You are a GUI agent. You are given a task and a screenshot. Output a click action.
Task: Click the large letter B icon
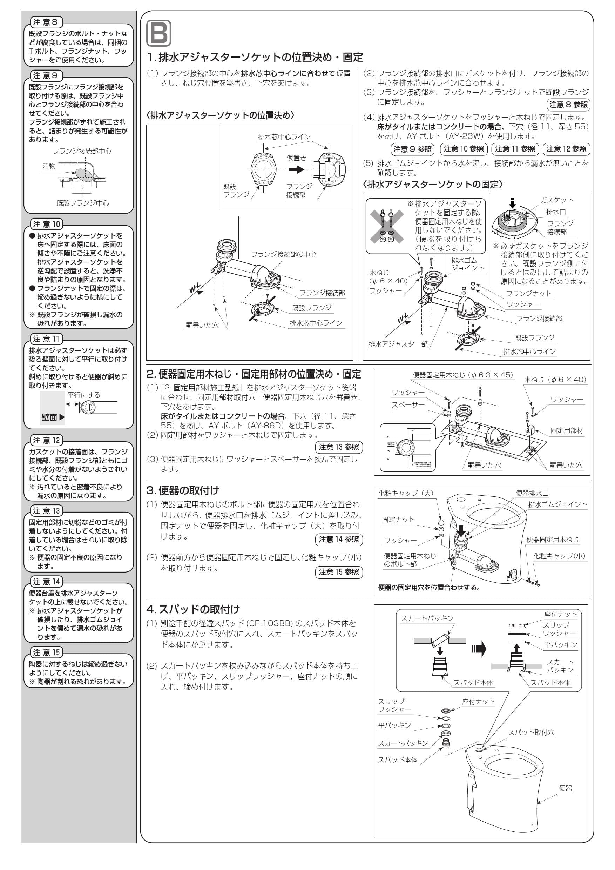[x=158, y=33]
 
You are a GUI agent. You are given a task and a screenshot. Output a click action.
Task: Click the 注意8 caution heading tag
[x=46, y=22]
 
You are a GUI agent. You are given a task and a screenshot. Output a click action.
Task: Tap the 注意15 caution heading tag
[x=46, y=652]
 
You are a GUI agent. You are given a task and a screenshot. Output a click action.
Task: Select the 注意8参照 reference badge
[x=568, y=105]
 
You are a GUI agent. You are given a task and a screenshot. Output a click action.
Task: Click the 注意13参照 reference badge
[x=339, y=447]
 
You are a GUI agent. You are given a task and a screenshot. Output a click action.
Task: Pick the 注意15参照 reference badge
[x=339, y=572]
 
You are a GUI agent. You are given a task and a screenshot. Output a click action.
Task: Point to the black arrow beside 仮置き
[x=296, y=169]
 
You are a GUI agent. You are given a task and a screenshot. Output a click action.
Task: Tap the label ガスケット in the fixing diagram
[x=556, y=200]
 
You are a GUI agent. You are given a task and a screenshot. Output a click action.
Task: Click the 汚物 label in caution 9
[x=49, y=166]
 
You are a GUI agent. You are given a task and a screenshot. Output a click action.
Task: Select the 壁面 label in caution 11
[x=49, y=417]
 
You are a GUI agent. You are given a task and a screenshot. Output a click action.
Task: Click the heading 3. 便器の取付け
[x=183, y=490]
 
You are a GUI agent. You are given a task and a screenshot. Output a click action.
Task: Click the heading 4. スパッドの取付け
[x=193, y=609]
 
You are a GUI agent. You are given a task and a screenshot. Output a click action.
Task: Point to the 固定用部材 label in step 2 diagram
[x=567, y=430]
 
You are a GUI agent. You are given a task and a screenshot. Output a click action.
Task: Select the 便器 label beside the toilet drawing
[x=566, y=788]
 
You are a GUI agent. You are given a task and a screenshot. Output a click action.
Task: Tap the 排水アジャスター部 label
[x=398, y=344]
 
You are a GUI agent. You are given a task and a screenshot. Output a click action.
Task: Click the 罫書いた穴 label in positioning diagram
[x=202, y=325]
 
